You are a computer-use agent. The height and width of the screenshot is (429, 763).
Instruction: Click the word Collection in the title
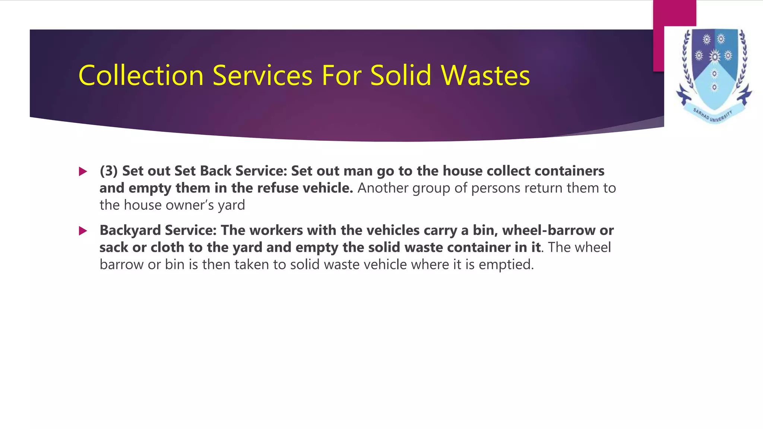pos(141,76)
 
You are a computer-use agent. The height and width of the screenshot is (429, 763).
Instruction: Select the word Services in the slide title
pos(262,76)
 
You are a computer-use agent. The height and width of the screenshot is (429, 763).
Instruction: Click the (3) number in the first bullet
pos(108,171)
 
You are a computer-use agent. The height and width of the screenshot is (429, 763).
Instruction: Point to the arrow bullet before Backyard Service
pos(83,231)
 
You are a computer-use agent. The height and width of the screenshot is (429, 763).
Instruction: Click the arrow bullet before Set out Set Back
pos(83,171)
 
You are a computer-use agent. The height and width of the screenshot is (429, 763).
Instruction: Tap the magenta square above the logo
pos(674,15)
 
